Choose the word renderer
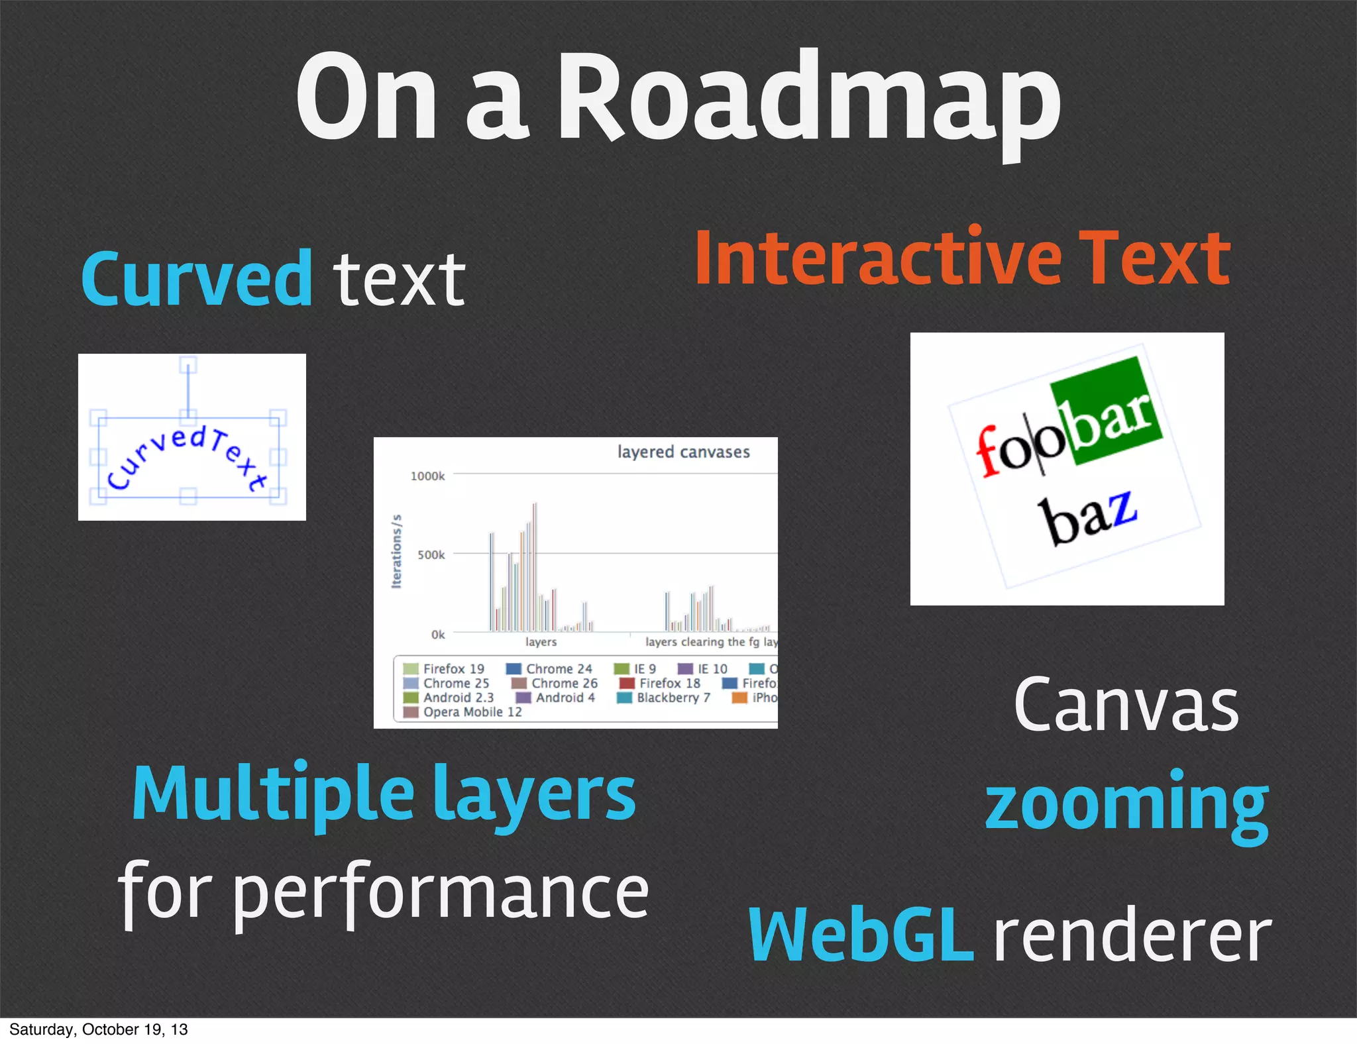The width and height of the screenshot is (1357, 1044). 1132,935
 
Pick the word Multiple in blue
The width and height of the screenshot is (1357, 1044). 273,794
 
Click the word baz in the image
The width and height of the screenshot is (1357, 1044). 1087,517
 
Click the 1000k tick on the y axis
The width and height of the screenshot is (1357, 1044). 427,476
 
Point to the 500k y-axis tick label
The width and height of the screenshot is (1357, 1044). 431,555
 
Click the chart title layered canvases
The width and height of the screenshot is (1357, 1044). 683,452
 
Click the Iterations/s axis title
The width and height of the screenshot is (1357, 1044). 397,551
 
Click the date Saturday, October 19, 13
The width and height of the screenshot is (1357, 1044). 98,1029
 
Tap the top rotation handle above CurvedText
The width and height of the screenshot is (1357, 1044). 188,365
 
